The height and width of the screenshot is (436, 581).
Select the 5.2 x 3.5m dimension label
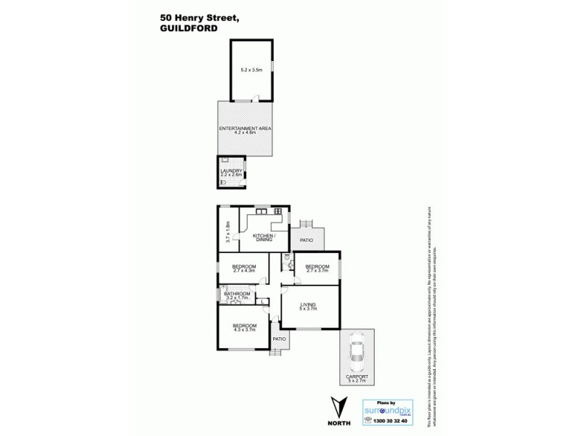click(x=251, y=70)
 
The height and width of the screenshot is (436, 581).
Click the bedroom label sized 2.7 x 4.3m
click(x=244, y=268)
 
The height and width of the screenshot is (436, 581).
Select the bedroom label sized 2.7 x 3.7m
click(x=317, y=268)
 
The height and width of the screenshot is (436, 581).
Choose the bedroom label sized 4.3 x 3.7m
click(x=244, y=328)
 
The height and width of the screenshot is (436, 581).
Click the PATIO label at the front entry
click(x=279, y=339)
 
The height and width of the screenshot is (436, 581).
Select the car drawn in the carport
click(x=357, y=352)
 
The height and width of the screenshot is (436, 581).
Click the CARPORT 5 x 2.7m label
click(x=357, y=378)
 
